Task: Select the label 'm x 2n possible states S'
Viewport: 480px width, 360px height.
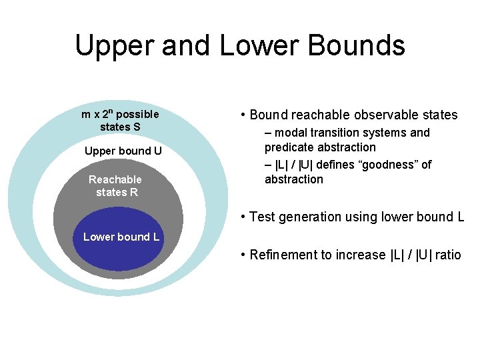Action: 120,120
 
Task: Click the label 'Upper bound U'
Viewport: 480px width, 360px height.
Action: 123,151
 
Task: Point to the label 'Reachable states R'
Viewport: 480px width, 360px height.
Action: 115,186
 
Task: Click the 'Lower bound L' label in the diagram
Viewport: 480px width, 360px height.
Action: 121,237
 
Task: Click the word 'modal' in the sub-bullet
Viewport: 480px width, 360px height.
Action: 291,133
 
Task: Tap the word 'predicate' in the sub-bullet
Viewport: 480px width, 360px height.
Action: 289,147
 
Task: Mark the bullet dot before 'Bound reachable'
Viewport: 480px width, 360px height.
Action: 243,115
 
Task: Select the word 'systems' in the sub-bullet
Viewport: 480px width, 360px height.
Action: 385,133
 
